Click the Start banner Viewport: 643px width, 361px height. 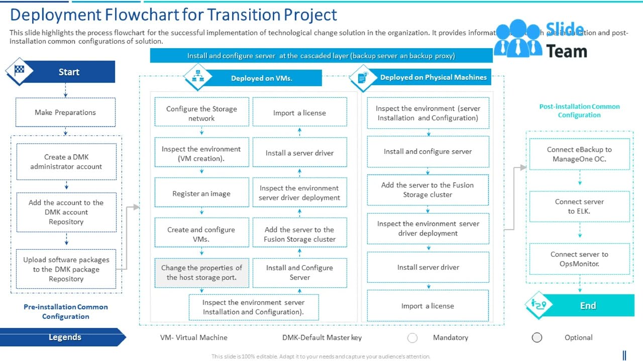69,72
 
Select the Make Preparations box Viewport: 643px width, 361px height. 65,112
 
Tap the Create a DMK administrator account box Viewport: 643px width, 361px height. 66,161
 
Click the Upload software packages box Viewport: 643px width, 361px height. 66,269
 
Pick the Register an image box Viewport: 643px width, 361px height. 201,194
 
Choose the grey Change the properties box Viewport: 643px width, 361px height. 201,272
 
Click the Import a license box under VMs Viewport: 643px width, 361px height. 299,113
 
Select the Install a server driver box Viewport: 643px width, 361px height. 299,153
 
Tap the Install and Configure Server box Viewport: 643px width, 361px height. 299,272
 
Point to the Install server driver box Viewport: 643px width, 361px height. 428,267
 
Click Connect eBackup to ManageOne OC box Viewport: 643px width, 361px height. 579,154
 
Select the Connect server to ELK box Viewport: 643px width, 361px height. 579,206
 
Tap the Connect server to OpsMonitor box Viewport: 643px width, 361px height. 579,259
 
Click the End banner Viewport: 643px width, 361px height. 588,305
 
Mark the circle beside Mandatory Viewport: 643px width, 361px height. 412,338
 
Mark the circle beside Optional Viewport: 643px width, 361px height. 537,337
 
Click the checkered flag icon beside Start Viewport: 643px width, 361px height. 20,71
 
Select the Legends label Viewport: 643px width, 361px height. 65,337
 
